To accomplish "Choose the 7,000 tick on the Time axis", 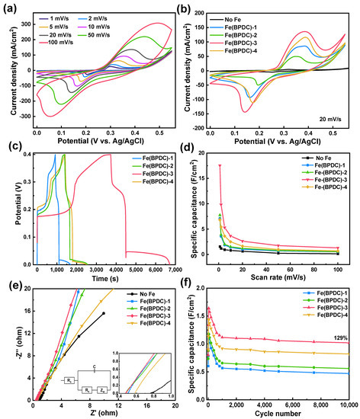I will pos(175,270).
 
